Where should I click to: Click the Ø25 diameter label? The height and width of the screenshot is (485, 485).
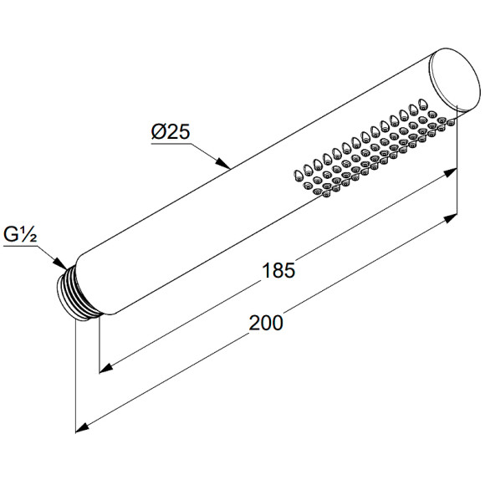click(171, 132)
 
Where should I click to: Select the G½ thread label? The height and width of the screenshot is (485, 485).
click(20, 234)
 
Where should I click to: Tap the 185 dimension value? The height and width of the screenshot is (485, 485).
click(278, 270)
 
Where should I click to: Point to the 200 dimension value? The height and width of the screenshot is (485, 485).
click(266, 323)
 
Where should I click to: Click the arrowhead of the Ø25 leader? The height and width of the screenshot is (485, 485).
click(224, 163)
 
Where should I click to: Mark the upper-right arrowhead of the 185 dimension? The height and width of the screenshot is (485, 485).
click(450, 172)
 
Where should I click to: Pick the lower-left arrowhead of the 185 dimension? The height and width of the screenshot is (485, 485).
click(106, 367)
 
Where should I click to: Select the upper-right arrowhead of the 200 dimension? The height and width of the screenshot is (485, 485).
click(450, 217)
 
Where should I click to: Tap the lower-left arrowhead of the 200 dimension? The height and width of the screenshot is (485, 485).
click(83, 427)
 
